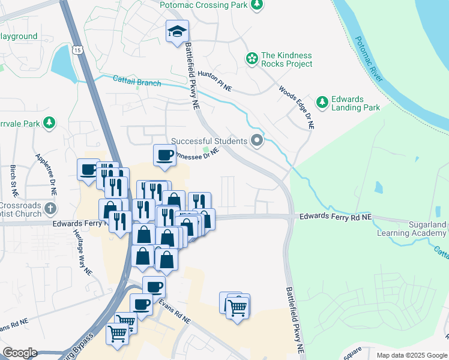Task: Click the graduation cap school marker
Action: tap(177, 31)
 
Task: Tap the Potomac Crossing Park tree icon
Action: tap(257, 5)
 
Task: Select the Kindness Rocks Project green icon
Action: tap(252, 59)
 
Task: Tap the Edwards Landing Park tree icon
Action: tap(323, 103)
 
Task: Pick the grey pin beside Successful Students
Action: tap(258, 141)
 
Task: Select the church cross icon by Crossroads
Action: tap(50, 209)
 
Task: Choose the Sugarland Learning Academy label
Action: tap(411, 229)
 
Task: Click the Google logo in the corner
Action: tap(20, 353)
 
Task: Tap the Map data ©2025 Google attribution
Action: tap(411, 355)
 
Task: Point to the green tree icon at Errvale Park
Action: tap(49, 124)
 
